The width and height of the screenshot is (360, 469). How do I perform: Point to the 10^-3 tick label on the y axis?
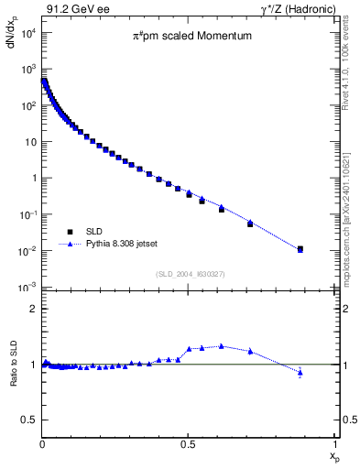(27, 288)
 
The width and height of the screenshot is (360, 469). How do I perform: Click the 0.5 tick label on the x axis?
(188, 444)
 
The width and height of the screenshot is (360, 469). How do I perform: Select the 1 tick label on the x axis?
(335, 444)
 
